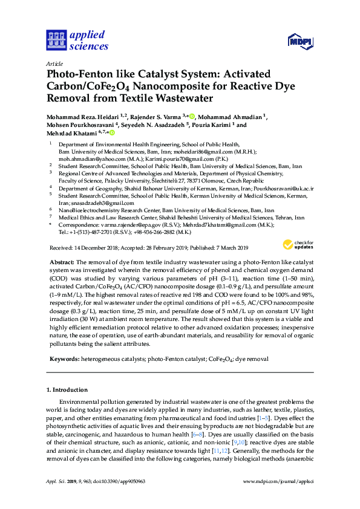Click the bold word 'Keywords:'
tap(66, 358)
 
